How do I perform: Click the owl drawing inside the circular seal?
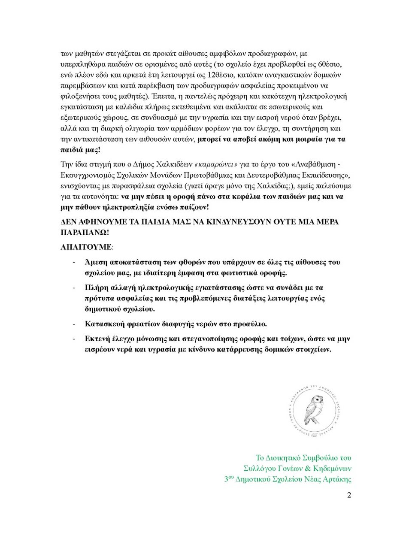(314, 410)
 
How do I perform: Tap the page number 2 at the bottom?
(349, 495)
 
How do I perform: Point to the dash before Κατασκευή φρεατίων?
(75, 323)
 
